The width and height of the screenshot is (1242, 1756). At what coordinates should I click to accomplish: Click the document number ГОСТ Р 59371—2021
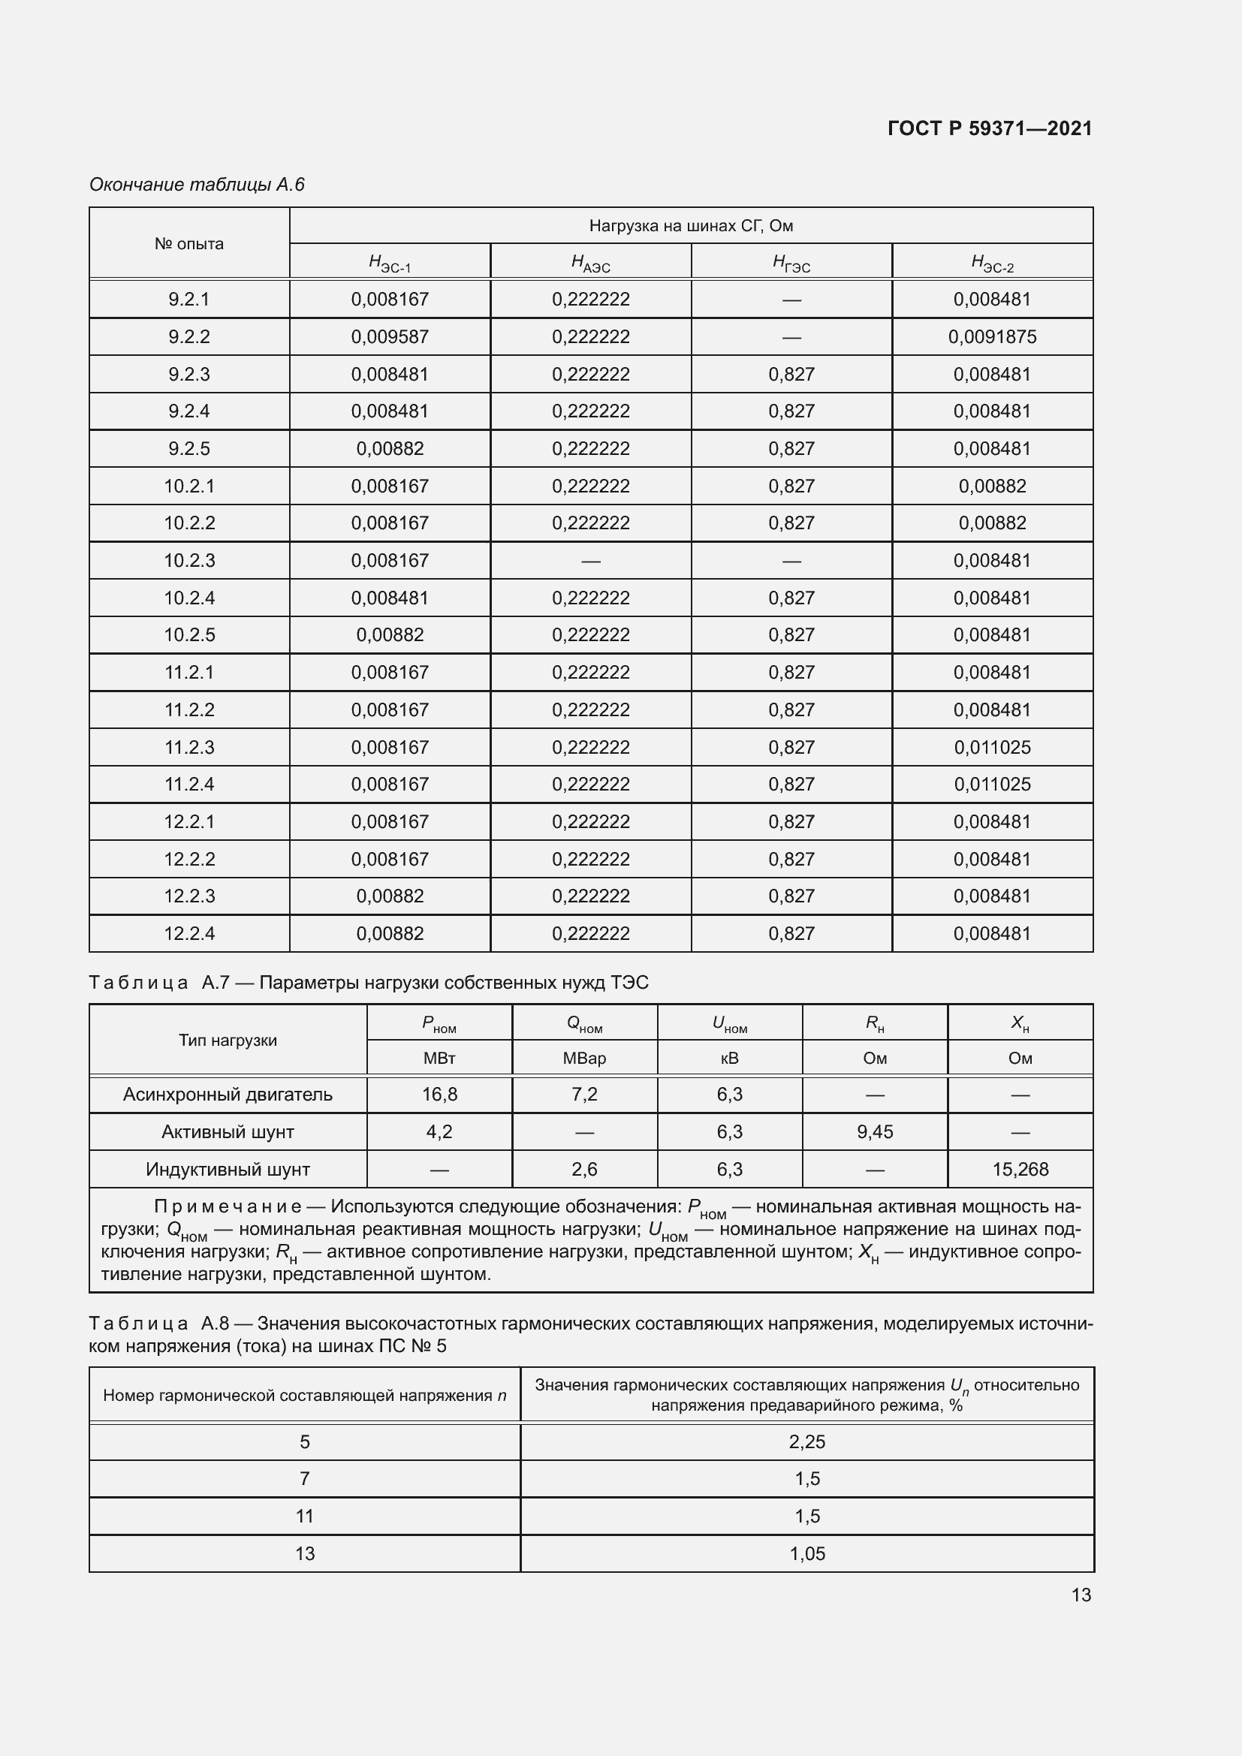990,128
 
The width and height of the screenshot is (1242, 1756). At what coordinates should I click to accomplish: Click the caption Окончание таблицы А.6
197,185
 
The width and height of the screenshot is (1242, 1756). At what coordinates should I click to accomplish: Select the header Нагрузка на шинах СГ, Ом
691,226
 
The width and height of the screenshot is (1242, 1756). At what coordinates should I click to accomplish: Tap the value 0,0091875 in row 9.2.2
992,336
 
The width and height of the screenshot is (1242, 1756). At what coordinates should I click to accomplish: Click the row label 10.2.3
189,561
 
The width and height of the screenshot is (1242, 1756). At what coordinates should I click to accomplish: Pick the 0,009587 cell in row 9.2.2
389,336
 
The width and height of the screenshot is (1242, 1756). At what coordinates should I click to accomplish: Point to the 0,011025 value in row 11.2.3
992,747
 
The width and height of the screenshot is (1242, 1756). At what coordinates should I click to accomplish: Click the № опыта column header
189,244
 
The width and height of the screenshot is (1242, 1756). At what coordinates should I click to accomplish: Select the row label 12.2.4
189,933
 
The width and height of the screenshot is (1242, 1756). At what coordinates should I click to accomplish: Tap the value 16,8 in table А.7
439,1095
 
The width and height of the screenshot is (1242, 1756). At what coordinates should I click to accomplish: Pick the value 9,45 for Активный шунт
874,1132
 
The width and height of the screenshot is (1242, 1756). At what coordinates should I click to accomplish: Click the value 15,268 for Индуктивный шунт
1020,1170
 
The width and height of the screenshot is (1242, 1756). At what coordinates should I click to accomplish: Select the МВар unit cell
584,1059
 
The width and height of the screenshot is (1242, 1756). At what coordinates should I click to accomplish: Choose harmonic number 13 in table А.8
304,1553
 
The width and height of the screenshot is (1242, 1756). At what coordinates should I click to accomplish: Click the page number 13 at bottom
1081,1595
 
